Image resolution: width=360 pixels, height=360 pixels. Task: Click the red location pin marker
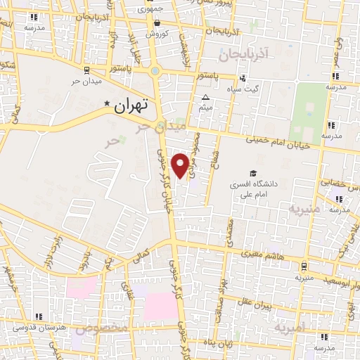[x=181, y=165]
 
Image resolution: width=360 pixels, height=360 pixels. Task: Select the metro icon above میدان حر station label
[x=86, y=70]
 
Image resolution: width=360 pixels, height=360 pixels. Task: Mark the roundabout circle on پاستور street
[x=155, y=70]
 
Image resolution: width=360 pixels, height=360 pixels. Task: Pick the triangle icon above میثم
[x=206, y=98]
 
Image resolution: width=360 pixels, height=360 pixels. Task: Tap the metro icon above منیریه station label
[x=303, y=267]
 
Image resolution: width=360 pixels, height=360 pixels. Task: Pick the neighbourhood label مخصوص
[x=103, y=328]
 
